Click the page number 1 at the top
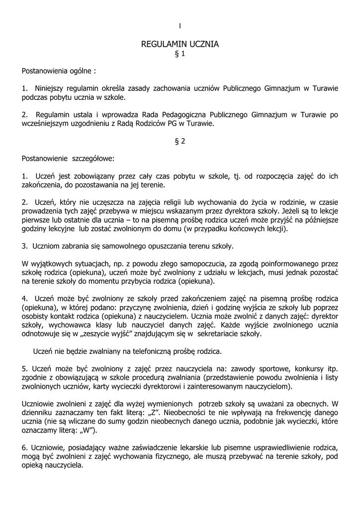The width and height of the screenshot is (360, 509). click(180, 26)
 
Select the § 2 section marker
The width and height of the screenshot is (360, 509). click(180, 141)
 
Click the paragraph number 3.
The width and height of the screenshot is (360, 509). click(24, 246)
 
